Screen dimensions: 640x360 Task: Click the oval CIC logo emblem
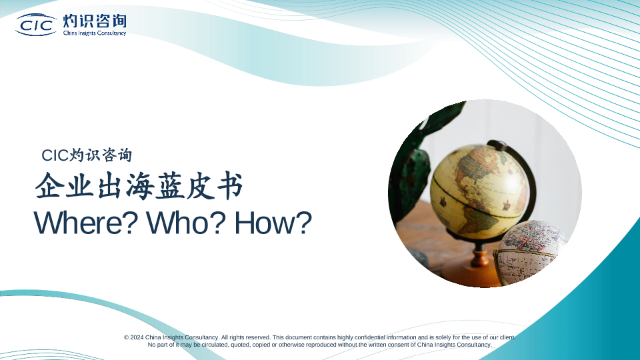click(x=36, y=25)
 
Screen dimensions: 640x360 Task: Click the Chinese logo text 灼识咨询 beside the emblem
click(x=95, y=21)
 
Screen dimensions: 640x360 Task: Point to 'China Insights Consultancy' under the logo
click(x=95, y=33)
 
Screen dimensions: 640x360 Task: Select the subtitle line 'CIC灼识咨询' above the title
click(x=87, y=155)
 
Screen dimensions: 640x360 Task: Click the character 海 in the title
click(x=140, y=186)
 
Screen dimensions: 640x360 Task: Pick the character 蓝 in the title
click(x=170, y=186)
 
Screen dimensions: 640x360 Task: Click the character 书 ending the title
click(x=229, y=186)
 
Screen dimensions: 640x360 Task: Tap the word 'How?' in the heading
click(x=273, y=223)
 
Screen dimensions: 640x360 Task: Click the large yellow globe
click(x=479, y=191)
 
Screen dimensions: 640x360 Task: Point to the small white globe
click(x=531, y=252)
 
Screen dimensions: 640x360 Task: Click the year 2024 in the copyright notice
click(x=137, y=337)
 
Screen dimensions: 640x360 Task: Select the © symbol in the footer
click(x=127, y=337)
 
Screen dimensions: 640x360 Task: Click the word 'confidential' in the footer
click(x=369, y=337)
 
